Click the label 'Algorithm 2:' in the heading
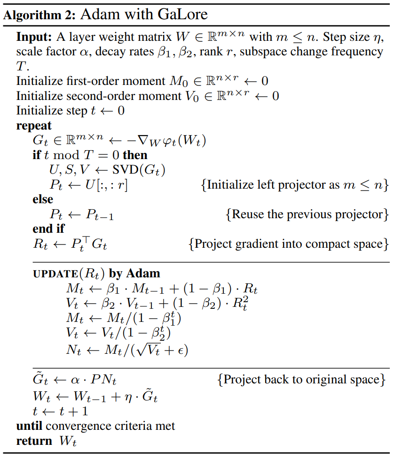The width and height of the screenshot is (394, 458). tap(39, 14)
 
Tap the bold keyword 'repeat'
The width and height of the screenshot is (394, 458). tap(34, 126)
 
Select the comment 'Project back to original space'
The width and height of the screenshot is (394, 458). tap(302, 379)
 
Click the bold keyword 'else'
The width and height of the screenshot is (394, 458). tap(43, 199)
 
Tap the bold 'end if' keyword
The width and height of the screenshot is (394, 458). tap(48, 229)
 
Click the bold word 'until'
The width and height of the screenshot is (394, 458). tap(29, 426)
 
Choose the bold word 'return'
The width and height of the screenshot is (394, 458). tap(34, 441)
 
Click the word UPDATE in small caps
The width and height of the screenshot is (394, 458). tap(53, 274)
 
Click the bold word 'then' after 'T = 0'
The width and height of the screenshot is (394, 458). tap(135, 155)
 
